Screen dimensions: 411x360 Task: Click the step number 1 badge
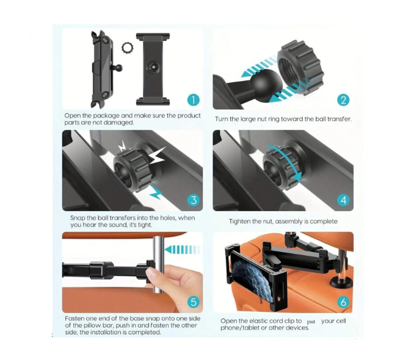point(194,100)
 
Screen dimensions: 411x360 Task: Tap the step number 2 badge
point(343,100)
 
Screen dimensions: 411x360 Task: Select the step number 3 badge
point(194,200)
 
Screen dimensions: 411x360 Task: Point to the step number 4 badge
point(343,200)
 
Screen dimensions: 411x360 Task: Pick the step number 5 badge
point(194,302)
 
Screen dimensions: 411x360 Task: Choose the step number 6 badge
point(343,302)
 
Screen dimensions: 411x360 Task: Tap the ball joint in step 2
point(262,82)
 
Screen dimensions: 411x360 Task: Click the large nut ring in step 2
point(300,68)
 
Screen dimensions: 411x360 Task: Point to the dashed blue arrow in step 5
point(182,250)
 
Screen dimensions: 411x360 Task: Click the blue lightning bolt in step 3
point(157,192)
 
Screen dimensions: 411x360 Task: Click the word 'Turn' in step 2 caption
point(221,119)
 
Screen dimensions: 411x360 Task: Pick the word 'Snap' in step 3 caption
point(78,218)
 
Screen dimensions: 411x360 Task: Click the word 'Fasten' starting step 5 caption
point(75,319)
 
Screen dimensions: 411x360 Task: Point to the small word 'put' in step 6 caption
point(311,322)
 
